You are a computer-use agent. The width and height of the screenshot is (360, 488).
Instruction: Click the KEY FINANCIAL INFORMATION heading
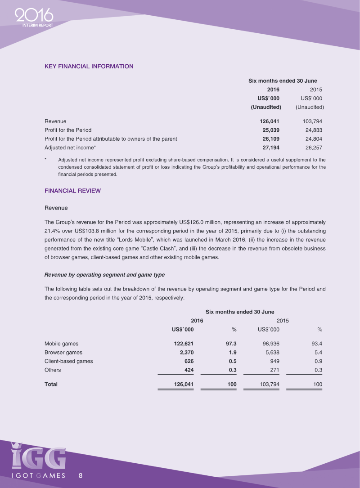(x=89, y=66)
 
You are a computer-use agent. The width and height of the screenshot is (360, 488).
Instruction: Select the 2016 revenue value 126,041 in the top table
(x=270, y=121)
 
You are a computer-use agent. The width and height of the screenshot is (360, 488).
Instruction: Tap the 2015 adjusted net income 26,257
(x=313, y=147)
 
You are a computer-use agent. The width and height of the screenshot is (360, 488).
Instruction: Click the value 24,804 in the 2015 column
(x=313, y=139)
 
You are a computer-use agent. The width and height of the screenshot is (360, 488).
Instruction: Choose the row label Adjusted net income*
(x=70, y=147)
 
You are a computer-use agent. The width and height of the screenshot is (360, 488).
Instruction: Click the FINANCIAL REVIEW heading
(x=72, y=191)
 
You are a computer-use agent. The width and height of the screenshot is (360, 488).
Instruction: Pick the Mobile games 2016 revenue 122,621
(x=183, y=344)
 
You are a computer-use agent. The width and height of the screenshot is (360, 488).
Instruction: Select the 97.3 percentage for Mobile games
(x=231, y=344)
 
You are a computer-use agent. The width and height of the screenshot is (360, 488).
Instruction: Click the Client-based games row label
(x=68, y=361)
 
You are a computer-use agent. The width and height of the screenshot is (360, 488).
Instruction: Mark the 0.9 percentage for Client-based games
(x=318, y=361)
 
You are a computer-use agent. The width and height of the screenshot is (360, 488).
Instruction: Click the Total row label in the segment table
(x=51, y=385)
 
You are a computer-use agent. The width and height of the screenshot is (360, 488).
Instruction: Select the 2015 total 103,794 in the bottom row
(x=269, y=385)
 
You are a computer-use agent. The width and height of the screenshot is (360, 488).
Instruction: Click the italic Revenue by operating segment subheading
(x=104, y=275)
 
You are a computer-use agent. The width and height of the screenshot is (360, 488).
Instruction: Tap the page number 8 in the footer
(x=81, y=475)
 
